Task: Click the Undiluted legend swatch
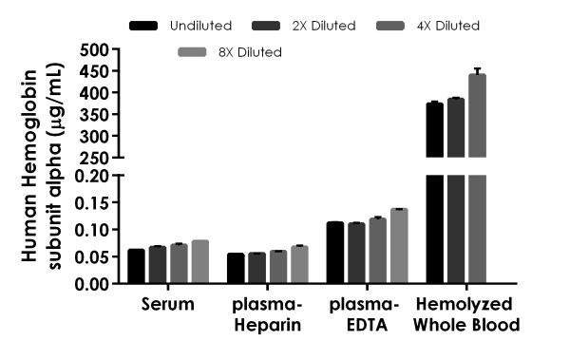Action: (x=142, y=26)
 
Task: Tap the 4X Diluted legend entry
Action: (x=446, y=26)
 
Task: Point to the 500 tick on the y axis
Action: (x=92, y=49)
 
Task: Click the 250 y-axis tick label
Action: (x=92, y=158)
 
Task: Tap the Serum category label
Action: (x=167, y=305)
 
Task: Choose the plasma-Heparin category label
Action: (x=266, y=314)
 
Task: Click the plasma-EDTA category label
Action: (x=366, y=314)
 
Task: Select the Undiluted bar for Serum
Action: (x=136, y=266)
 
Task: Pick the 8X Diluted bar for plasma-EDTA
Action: (x=398, y=246)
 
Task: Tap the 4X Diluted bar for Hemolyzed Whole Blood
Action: (x=477, y=180)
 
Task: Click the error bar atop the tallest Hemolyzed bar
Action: (x=477, y=71)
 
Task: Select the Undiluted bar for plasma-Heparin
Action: (x=236, y=268)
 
